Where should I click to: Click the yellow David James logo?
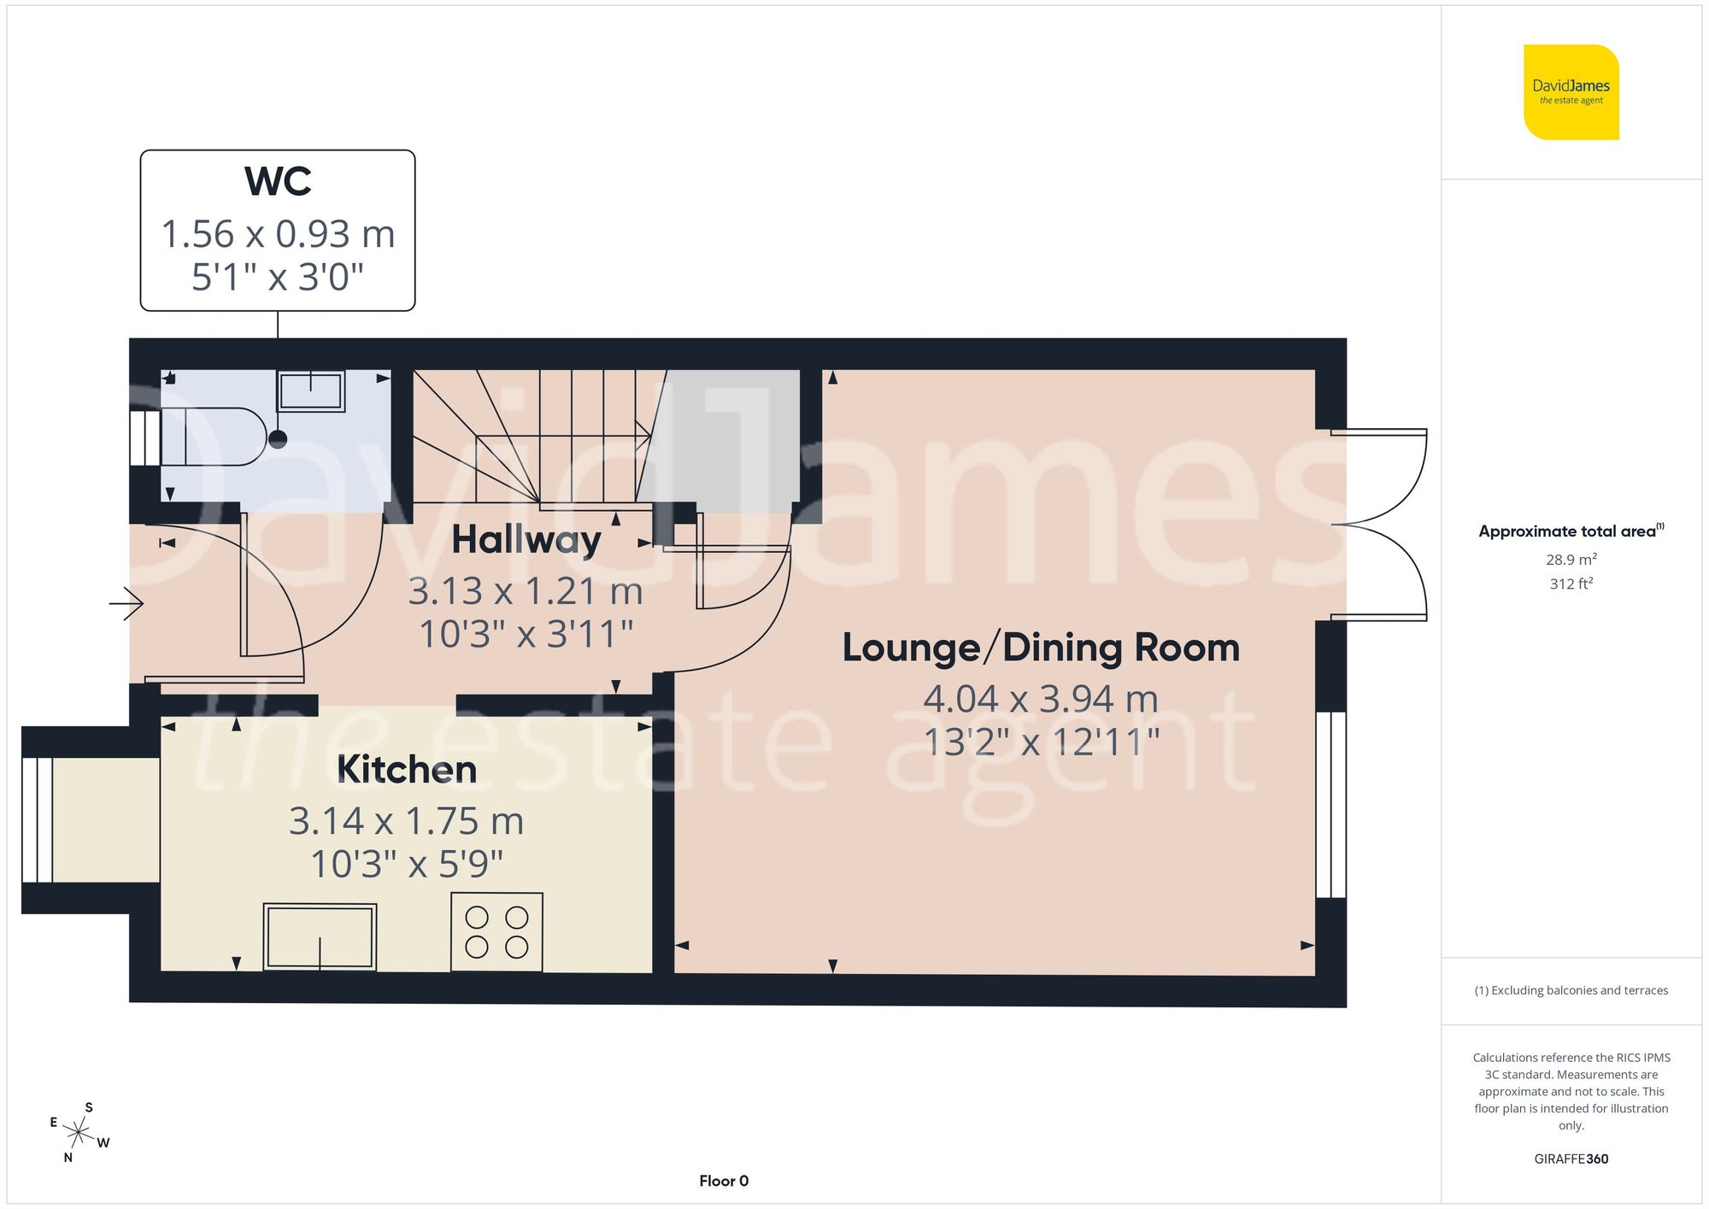point(1571,92)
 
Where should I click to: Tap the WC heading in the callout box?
point(278,181)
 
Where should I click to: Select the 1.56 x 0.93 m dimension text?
point(278,234)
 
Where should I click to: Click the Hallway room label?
point(526,540)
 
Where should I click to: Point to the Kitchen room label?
point(407,770)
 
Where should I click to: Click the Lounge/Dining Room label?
point(1041,648)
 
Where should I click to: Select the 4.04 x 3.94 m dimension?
point(1041,699)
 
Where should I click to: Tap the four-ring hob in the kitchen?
point(496,931)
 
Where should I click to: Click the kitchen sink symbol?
point(320,937)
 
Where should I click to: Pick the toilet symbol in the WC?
point(218,437)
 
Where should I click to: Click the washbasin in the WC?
point(310,391)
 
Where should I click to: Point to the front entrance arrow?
point(126,604)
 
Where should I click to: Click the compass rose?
point(79,1133)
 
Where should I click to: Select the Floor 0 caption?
point(724,1181)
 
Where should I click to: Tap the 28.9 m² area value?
point(1571,560)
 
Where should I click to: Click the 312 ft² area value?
point(1571,584)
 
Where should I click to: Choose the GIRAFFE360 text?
point(1571,1159)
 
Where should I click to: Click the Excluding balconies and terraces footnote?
point(1571,990)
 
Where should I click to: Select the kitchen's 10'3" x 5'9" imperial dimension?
point(407,864)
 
